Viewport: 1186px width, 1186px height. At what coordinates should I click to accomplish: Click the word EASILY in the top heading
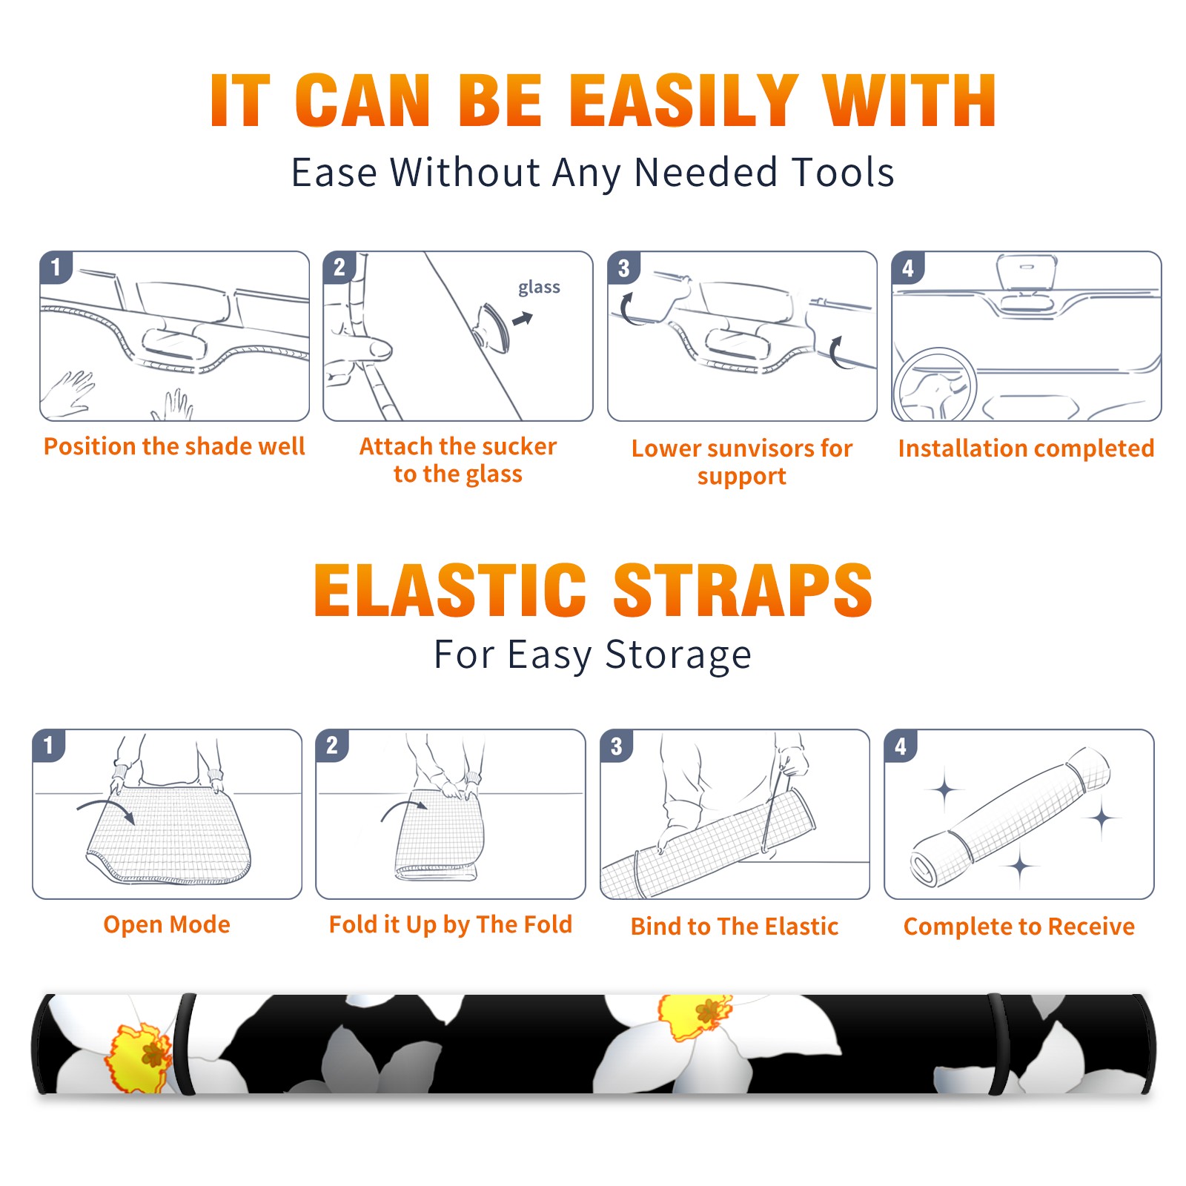(x=683, y=101)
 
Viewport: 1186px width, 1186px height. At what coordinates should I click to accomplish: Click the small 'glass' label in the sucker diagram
(x=539, y=288)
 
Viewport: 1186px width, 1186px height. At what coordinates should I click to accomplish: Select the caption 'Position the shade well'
(x=174, y=446)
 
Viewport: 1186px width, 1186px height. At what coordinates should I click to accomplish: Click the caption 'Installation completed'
(x=1026, y=448)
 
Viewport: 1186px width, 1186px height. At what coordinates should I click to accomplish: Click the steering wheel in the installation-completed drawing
(x=935, y=385)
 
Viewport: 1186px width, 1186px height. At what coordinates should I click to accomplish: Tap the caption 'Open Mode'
(x=167, y=924)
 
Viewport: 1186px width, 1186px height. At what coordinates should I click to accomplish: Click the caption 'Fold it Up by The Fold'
(x=451, y=924)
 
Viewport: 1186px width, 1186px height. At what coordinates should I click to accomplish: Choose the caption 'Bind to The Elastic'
(x=735, y=927)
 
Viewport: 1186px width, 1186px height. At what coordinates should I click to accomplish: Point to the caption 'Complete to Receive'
(x=1019, y=927)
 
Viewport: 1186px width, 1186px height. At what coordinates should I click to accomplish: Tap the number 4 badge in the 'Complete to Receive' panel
(x=901, y=746)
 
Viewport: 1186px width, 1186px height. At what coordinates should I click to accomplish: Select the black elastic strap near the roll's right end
(x=998, y=1044)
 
